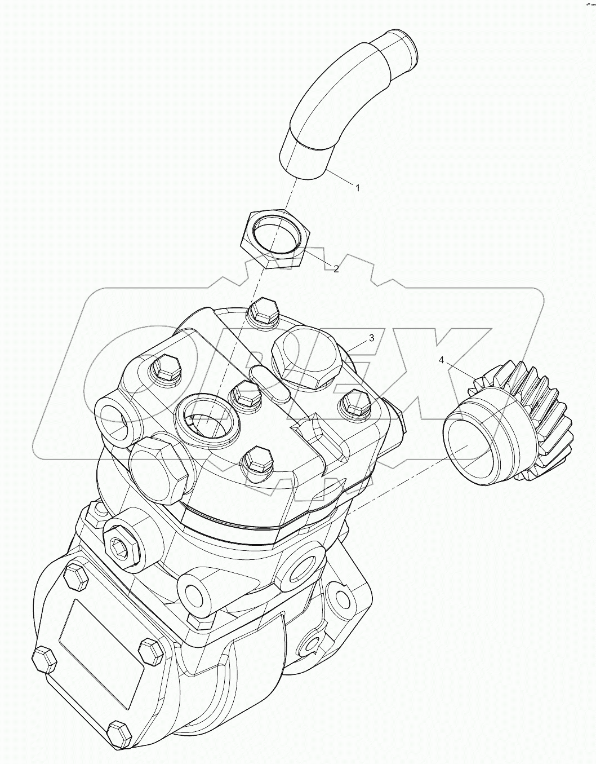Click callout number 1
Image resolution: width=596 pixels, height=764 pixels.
357,188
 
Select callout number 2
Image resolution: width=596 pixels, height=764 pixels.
336,269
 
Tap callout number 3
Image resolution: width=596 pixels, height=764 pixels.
371,338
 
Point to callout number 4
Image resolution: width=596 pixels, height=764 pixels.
442,360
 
